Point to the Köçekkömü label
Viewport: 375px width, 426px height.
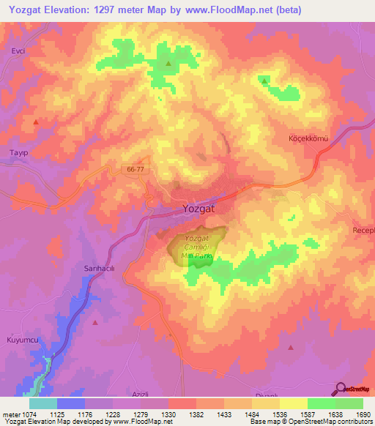312,138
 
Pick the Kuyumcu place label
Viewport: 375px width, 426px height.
20,341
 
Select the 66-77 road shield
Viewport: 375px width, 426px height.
134,169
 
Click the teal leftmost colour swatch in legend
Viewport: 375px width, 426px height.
43,403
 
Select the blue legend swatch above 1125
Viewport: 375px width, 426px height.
71,403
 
